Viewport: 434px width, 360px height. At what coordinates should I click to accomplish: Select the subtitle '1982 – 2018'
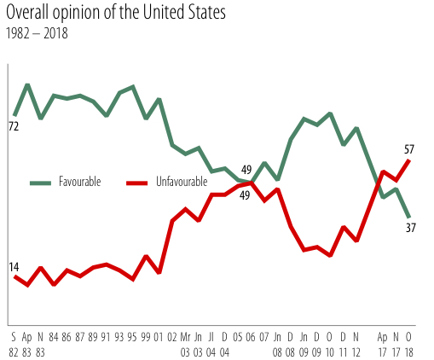tap(37, 35)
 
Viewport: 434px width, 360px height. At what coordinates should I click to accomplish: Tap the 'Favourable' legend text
tap(79, 183)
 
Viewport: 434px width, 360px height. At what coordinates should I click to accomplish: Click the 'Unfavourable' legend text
tap(181, 183)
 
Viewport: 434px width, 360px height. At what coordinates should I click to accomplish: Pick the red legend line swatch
tap(137, 183)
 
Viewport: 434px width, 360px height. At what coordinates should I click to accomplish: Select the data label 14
tap(14, 267)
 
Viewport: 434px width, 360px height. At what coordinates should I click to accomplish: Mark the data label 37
tap(411, 228)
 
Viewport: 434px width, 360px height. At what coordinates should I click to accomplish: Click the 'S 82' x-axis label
tap(14, 344)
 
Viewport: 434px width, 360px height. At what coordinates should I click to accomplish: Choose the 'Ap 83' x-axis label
tap(27, 344)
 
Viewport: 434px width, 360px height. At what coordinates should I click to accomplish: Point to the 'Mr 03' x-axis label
tap(186, 344)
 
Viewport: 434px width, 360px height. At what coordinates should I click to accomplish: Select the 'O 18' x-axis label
tap(410, 344)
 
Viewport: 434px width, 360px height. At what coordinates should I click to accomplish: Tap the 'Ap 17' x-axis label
tap(383, 344)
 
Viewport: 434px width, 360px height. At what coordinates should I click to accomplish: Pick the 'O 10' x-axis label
tap(330, 344)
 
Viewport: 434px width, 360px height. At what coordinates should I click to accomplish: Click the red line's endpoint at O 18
tap(410, 160)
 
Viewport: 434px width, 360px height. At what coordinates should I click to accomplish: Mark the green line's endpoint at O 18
tap(410, 217)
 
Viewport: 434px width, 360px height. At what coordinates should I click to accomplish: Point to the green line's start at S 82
tap(14, 114)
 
